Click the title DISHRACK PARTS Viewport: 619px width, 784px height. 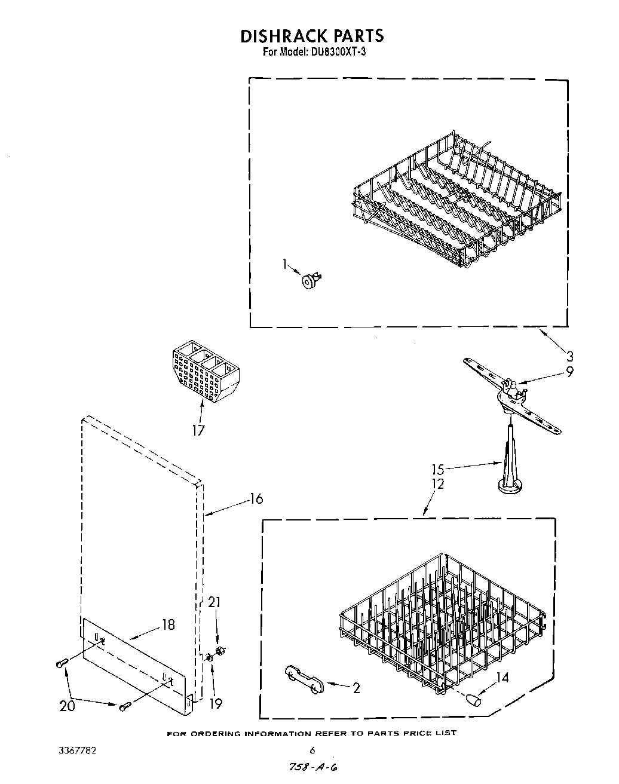tap(311, 36)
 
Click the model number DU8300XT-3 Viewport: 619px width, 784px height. tap(338, 52)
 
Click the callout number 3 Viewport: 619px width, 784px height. tap(569, 357)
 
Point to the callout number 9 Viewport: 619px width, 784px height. tap(569, 371)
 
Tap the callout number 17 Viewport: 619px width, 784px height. tap(198, 430)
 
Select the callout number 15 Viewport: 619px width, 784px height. tap(437, 469)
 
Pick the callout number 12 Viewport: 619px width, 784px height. tap(437, 484)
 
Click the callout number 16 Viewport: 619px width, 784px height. tap(255, 498)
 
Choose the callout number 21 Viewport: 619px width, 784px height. tap(214, 602)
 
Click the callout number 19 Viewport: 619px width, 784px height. tap(215, 703)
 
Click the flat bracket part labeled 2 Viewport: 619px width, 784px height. tap(305, 680)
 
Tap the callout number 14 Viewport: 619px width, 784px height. tap(502, 677)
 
